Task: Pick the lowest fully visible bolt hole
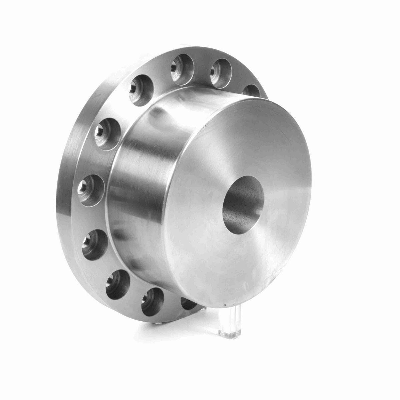point(154,302)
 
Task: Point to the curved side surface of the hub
point(140,200)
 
